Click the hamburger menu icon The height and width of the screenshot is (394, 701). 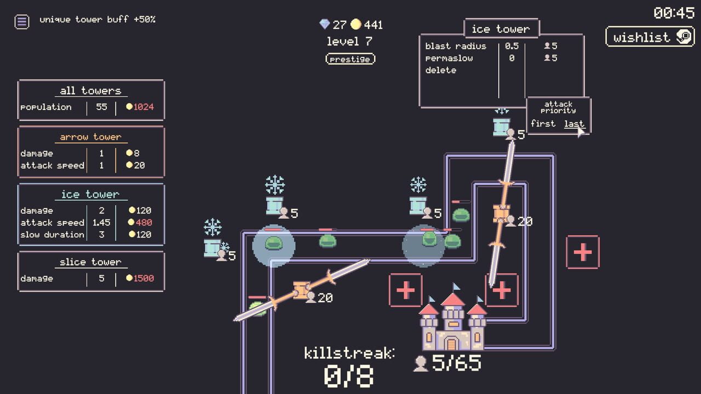tap(21, 21)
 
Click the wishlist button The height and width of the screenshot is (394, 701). tap(650, 37)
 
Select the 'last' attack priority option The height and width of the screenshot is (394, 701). tap(573, 124)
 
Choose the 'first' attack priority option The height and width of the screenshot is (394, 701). tap(543, 124)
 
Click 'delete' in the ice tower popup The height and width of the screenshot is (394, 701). tap(440, 70)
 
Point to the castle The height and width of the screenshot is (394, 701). tap(452, 323)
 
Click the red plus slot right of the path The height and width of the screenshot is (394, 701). tap(582, 252)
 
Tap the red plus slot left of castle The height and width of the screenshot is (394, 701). tap(405, 291)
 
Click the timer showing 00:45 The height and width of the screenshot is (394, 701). tap(674, 13)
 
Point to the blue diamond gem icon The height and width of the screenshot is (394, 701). tap(325, 24)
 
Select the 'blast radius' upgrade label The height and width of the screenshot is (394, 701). tap(455, 46)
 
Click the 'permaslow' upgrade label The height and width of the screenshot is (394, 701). tap(449, 58)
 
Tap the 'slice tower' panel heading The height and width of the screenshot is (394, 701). tap(90, 262)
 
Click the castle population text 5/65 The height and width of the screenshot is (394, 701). tap(456, 363)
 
